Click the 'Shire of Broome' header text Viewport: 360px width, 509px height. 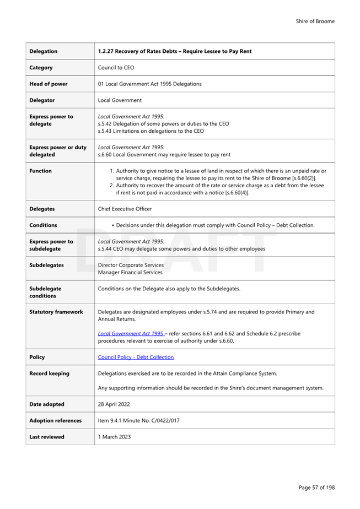(x=315, y=21)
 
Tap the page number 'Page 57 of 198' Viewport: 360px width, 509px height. (x=316, y=488)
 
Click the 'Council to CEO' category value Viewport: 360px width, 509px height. (x=116, y=68)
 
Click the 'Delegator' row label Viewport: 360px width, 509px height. (x=42, y=100)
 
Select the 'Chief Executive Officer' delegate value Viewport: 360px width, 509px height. (x=125, y=209)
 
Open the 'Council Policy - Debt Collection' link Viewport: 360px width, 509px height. (x=136, y=357)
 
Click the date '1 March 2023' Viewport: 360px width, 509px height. (x=114, y=437)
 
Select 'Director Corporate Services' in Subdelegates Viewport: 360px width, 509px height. (x=131, y=265)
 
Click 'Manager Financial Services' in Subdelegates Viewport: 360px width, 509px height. (x=130, y=272)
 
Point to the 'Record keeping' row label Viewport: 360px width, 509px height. (x=49, y=373)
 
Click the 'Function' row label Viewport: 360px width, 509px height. (x=40, y=171)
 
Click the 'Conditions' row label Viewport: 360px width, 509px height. (x=43, y=225)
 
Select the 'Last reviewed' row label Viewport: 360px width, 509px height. (x=46, y=437)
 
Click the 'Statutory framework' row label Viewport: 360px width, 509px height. (x=56, y=312)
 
